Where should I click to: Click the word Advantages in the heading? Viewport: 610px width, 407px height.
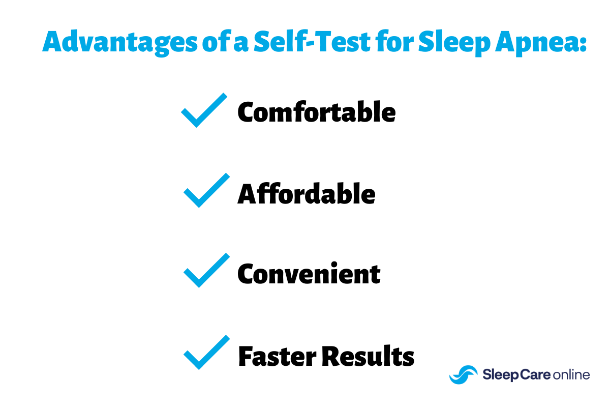(x=120, y=42)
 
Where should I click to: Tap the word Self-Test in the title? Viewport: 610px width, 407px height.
(x=312, y=41)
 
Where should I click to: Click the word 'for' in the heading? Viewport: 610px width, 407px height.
(x=394, y=41)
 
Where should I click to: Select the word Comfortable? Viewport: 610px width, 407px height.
(x=316, y=112)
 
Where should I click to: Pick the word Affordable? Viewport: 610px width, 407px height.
(x=307, y=193)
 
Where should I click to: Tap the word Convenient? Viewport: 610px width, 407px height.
(x=309, y=274)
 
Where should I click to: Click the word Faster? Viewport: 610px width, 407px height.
(x=277, y=356)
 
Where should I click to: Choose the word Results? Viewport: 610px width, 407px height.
(x=368, y=356)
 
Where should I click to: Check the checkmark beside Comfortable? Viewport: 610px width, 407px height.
(x=204, y=110)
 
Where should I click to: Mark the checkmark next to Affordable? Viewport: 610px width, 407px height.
(x=207, y=190)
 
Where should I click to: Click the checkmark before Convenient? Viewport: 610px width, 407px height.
(x=207, y=271)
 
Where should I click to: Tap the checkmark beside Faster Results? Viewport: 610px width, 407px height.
(x=207, y=353)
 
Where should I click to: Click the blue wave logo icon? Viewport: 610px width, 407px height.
(x=463, y=375)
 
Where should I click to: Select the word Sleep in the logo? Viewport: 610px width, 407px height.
(x=500, y=375)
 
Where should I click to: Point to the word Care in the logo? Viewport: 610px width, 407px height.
(x=535, y=375)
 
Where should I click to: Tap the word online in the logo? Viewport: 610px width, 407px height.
(x=571, y=375)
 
